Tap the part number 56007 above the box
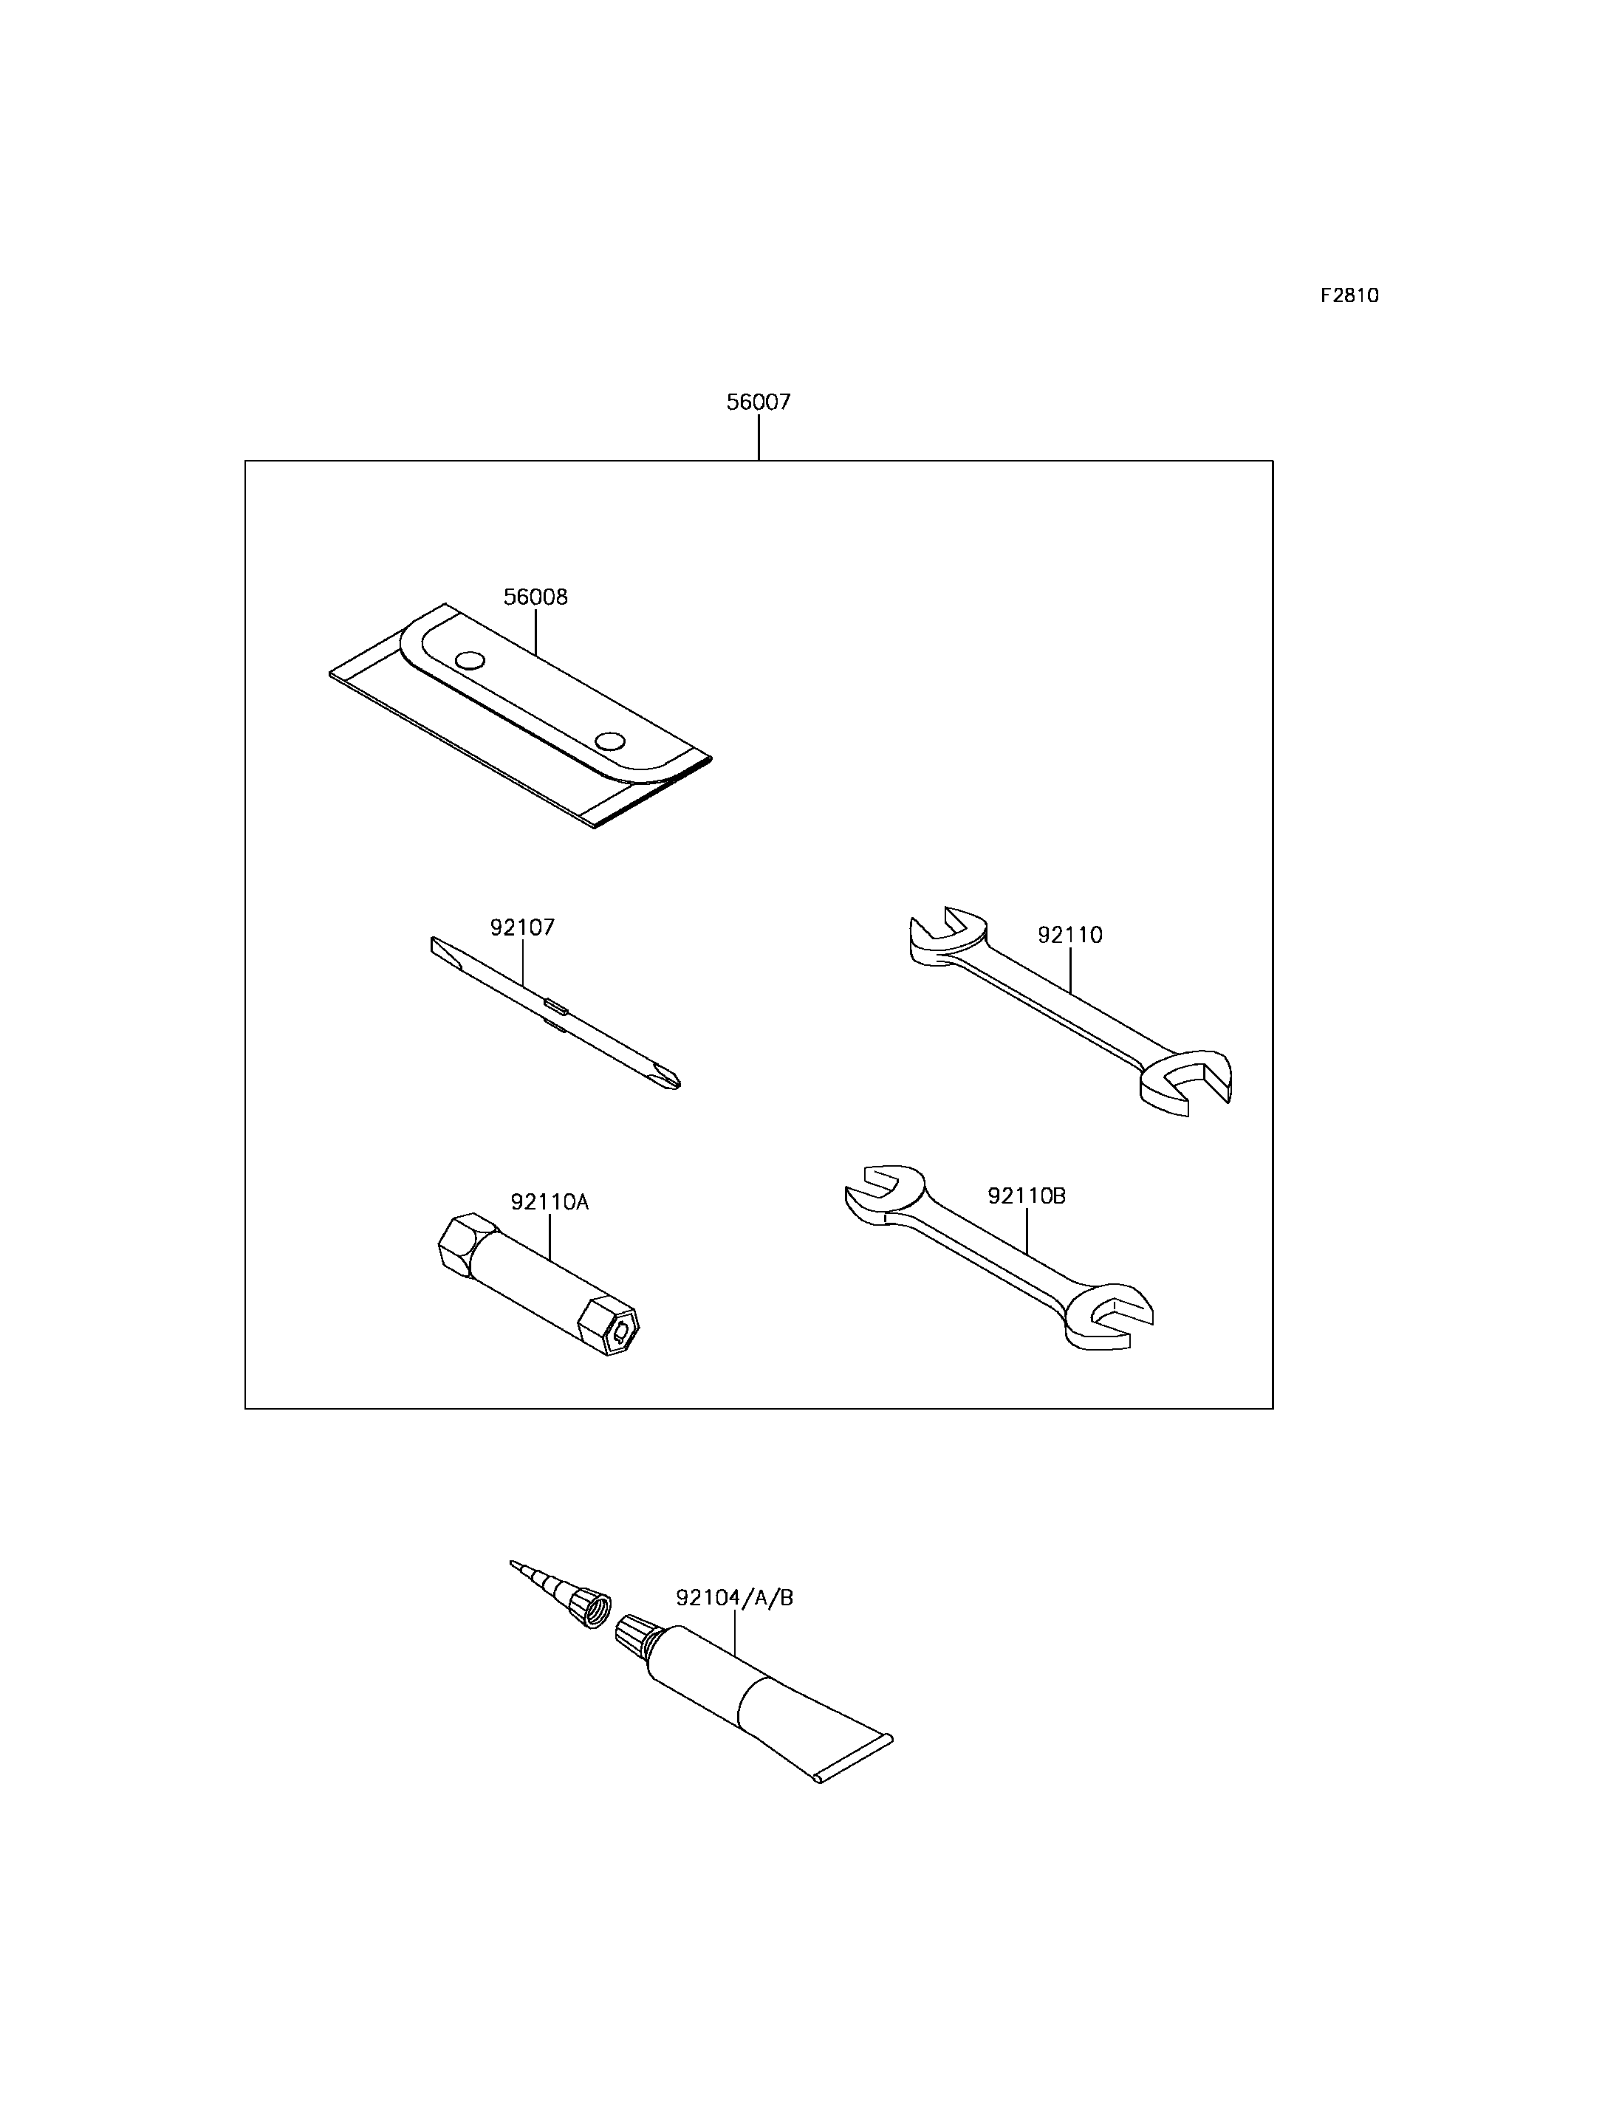coord(759,402)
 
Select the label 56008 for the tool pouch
coord(535,597)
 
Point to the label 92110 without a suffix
coord(1069,935)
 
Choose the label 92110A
coord(550,1201)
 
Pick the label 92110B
coord(1027,1195)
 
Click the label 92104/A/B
coord(734,1598)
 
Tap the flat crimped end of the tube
coord(854,1760)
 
